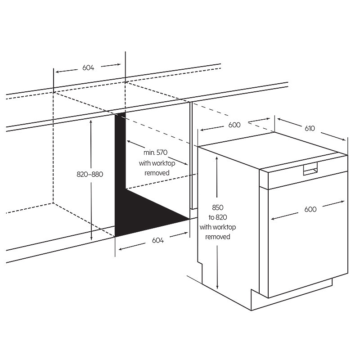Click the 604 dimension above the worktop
pos(88,68)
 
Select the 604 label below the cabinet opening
pos(158,240)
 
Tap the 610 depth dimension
pos(310,128)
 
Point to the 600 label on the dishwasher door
pos(310,209)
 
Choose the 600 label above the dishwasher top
pos(234,125)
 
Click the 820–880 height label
pos(90,174)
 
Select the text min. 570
pos(155,153)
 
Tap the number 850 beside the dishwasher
pos(218,207)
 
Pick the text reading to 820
pos(218,217)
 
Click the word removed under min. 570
pos(157,173)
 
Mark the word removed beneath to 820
pos(218,237)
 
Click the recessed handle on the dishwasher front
pos(310,169)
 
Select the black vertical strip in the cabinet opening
pos(120,161)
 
